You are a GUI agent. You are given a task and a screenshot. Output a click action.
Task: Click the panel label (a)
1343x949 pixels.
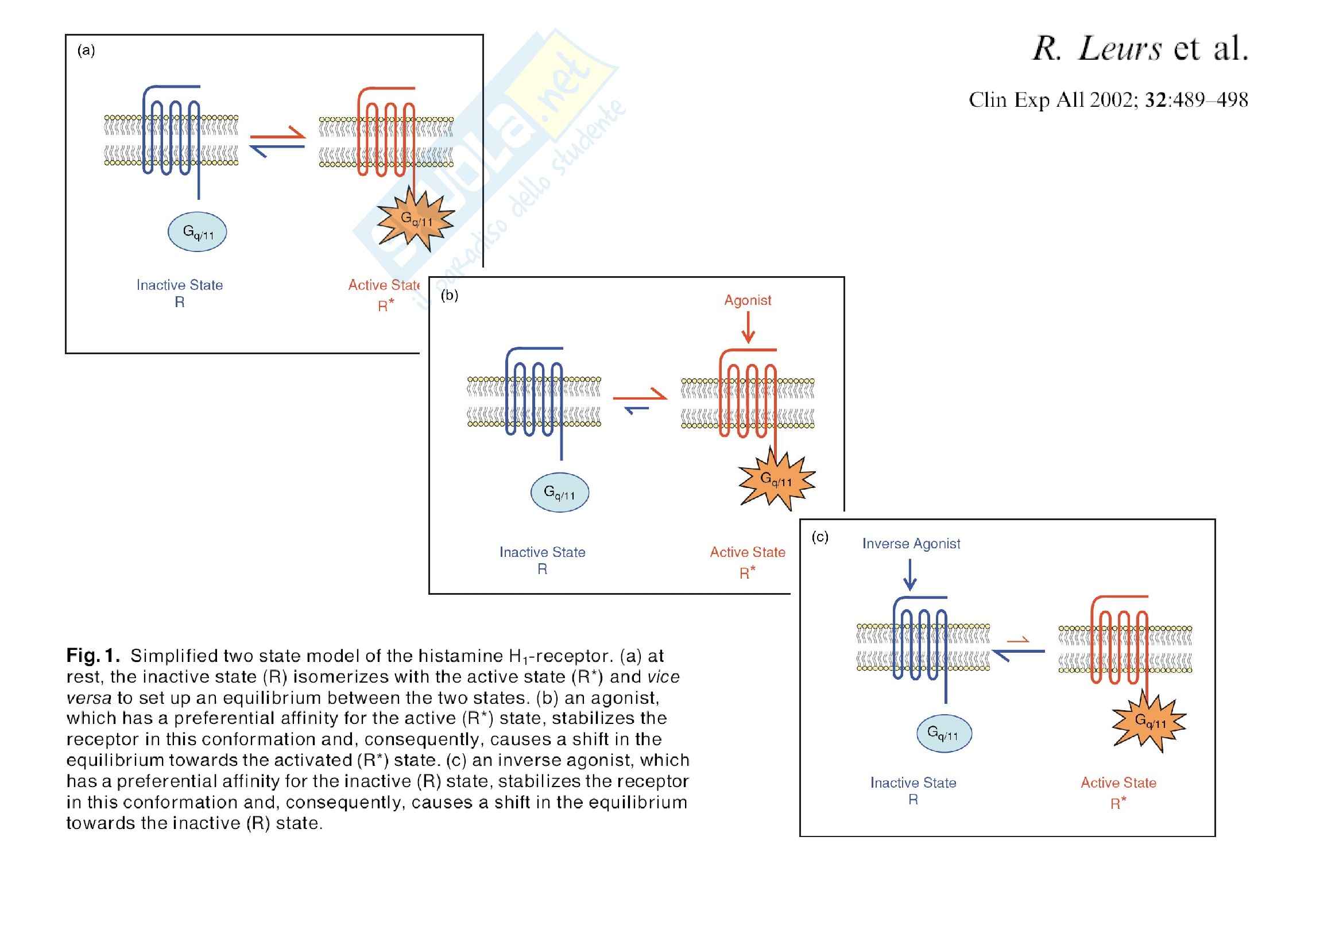click(x=86, y=51)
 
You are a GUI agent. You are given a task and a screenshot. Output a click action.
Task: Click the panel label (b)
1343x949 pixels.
click(x=449, y=295)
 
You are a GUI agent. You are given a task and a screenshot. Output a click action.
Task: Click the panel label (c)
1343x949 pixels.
click(x=820, y=537)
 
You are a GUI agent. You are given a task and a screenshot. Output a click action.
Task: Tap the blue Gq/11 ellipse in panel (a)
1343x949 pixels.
click(x=197, y=232)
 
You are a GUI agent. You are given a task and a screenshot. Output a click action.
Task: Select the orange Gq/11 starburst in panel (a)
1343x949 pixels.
click(x=415, y=221)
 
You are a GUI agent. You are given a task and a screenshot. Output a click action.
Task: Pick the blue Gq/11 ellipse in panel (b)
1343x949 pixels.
click(x=560, y=493)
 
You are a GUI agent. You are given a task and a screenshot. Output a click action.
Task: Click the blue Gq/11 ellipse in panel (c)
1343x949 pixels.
click(x=943, y=733)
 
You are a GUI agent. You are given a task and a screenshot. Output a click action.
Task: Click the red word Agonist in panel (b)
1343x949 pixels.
click(x=748, y=301)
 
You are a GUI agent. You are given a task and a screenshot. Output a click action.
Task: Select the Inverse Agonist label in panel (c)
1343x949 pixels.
click(x=911, y=544)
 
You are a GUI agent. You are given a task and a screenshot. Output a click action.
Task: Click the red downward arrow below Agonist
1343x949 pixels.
click(x=748, y=328)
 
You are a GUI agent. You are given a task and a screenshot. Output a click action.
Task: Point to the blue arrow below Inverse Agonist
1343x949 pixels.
click(x=909, y=575)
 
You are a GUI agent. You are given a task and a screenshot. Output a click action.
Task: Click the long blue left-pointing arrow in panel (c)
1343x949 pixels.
click(x=1019, y=652)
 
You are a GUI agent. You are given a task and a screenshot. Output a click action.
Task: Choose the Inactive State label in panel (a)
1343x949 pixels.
click(x=180, y=285)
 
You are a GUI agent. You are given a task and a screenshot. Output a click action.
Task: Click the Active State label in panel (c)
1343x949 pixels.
click(x=1118, y=783)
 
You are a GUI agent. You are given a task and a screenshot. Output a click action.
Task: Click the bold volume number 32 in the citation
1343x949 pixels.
click(x=1156, y=100)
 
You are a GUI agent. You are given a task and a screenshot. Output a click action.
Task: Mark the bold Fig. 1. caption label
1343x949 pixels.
click(x=93, y=656)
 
